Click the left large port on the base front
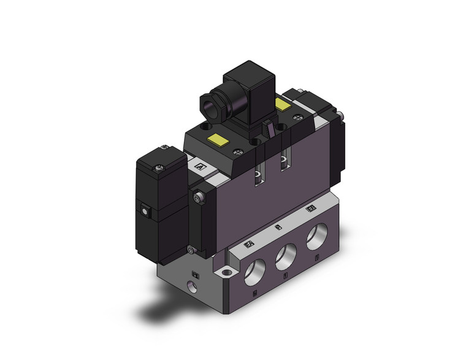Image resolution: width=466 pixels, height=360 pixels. tap(253, 267)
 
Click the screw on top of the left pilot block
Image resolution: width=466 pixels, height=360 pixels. tap(164, 147)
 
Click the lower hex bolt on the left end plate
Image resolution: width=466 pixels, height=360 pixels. tap(192, 249)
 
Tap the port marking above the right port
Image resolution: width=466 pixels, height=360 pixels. tap(311, 209)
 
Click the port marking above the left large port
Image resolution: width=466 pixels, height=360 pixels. tap(249, 244)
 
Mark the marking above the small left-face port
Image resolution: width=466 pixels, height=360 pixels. tap(196, 275)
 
